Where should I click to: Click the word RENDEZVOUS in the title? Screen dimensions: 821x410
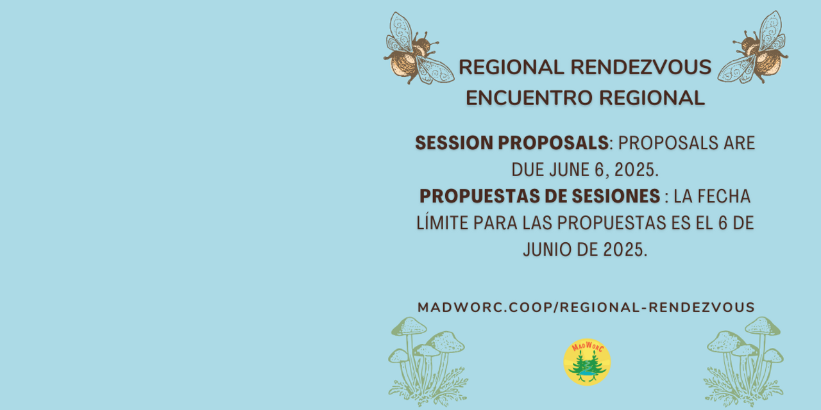tap(641, 67)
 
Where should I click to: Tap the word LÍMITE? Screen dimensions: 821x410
tap(443, 222)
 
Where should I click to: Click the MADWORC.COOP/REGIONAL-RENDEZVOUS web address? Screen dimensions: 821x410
tap(586, 307)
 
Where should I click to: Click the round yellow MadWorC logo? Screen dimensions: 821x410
tap(587, 362)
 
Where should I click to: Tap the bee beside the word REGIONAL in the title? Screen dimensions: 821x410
tap(418, 49)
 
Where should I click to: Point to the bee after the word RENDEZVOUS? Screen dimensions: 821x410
tap(754, 47)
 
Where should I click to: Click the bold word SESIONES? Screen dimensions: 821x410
tap(616, 196)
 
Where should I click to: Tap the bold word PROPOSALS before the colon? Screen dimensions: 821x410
tap(553, 143)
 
